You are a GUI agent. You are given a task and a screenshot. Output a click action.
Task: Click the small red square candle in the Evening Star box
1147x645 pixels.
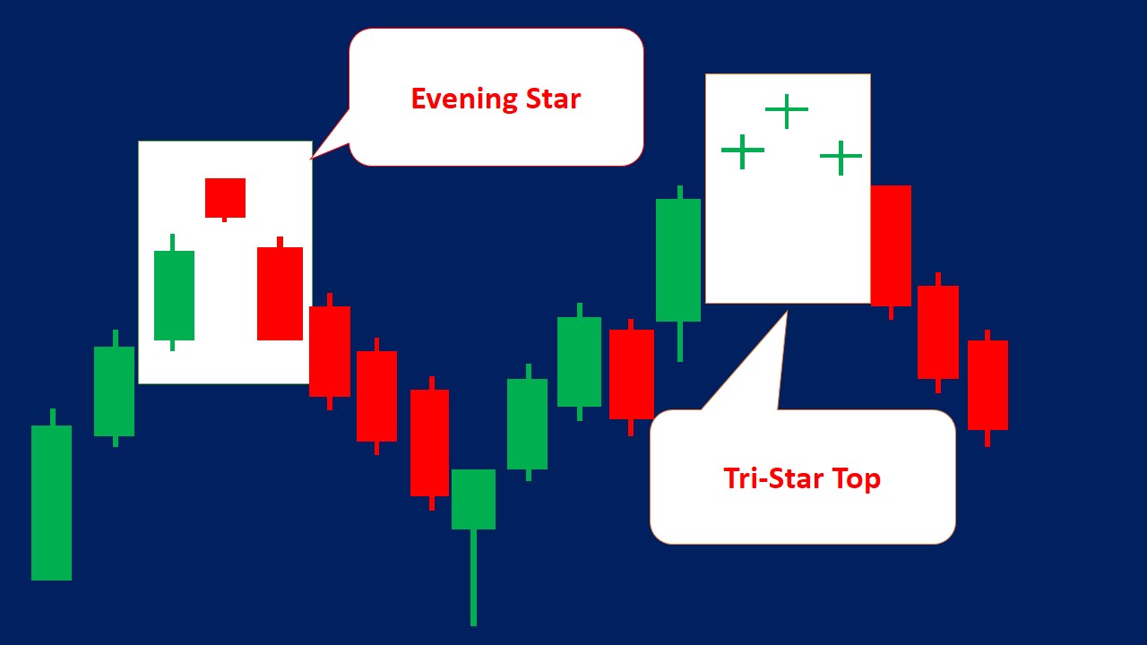225,198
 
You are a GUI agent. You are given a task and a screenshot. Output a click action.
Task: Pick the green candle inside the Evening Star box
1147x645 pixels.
174,295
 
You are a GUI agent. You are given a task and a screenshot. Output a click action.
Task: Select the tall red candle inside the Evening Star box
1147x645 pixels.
280,293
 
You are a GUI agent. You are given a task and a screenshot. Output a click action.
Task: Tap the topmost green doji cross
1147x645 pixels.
787,110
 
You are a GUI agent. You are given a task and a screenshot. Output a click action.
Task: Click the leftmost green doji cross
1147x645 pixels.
743,151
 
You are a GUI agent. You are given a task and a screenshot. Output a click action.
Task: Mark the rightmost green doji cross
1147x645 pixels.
841,157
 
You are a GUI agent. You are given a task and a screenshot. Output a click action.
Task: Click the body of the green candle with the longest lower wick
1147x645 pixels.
473,499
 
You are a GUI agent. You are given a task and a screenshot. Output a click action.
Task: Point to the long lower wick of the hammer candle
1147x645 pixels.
473,578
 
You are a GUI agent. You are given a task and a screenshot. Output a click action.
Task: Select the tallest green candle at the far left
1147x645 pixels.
51,502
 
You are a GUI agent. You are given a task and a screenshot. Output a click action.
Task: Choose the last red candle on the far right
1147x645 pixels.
987,385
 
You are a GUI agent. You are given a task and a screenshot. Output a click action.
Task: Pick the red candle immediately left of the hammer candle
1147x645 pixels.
430,443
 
